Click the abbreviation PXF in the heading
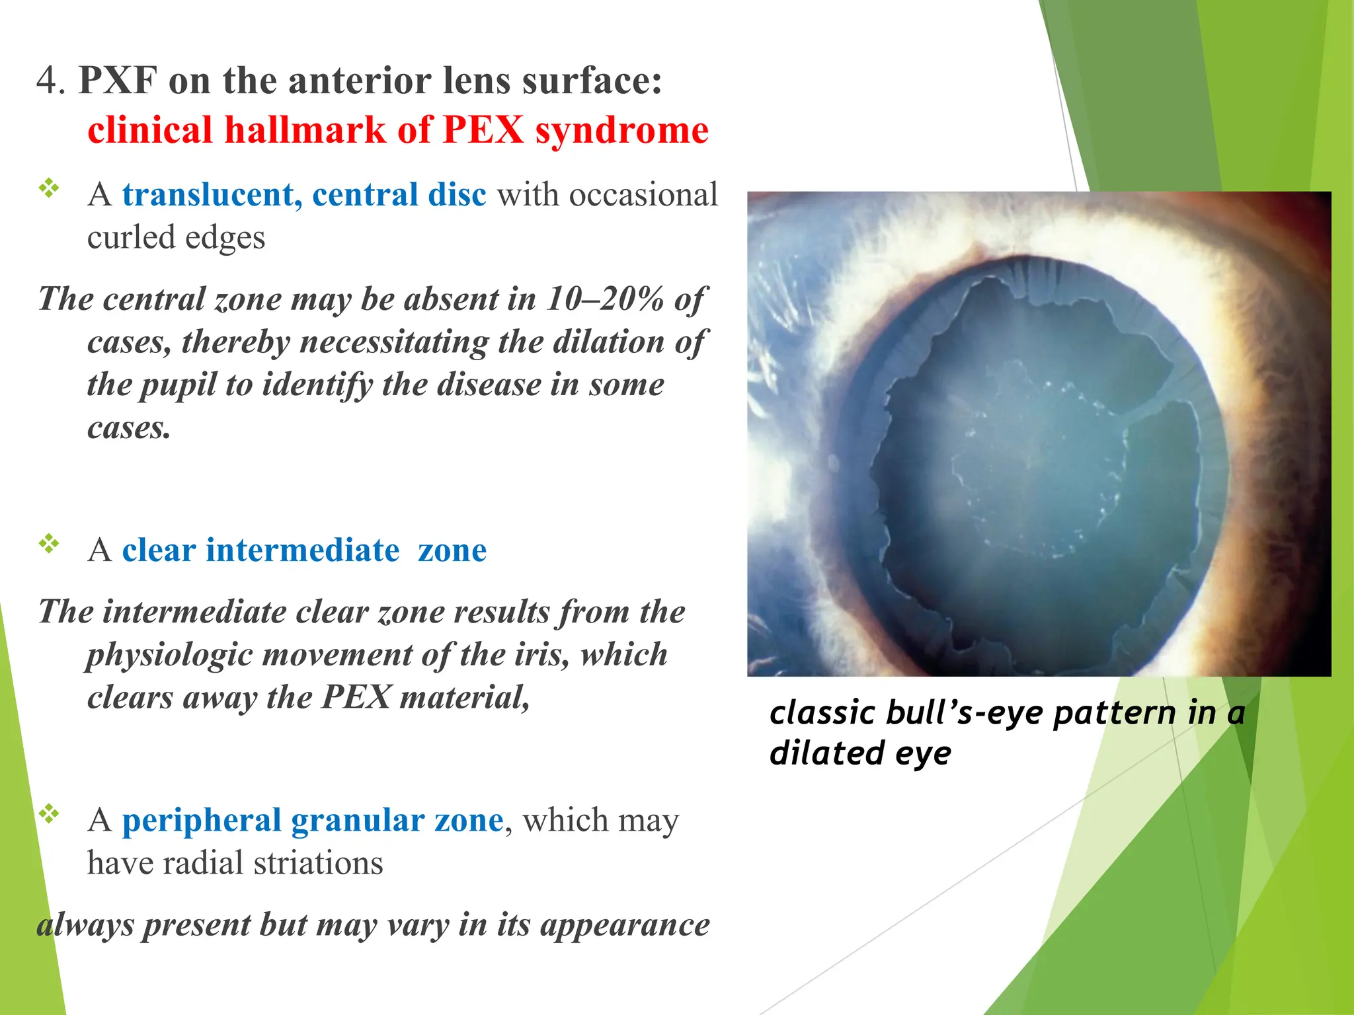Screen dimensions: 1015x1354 coord(118,81)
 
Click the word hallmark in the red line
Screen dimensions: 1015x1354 coord(305,130)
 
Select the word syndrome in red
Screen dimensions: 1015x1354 coord(621,130)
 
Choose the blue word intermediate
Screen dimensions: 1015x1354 coord(303,550)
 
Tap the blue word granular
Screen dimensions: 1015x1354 coord(358,820)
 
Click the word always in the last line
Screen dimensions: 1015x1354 coord(85,924)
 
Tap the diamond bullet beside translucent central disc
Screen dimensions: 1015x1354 coord(49,188)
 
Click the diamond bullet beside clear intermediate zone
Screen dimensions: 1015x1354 coord(49,544)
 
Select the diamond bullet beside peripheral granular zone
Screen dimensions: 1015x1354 coord(49,813)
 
